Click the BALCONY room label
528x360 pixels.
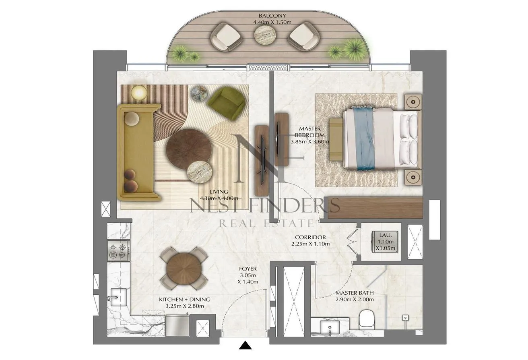(x=272, y=16)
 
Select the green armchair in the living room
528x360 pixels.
(x=226, y=103)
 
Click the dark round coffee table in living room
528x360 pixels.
(x=189, y=149)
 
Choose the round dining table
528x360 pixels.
(x=184, y=269)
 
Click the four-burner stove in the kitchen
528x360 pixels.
(x=119, y=250)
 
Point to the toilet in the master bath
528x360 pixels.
(x=367, y=319)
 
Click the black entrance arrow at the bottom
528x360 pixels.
(x=245, y=345)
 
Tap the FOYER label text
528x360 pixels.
(x=248, y=269)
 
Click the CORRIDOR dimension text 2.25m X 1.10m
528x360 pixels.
(x=310, y=244)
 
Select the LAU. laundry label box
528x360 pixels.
(x=385, y=242)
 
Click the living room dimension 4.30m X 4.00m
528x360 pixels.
(x=219, y=198)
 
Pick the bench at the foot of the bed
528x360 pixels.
(x=336, y=139)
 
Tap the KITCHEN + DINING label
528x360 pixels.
(x=185, y=300)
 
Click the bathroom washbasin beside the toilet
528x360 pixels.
(x=330, y=327)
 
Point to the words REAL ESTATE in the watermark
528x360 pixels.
(x=266, y=223)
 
